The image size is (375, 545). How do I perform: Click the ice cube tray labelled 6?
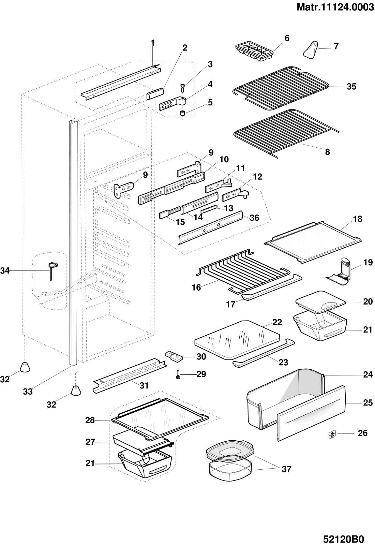click(254, 52)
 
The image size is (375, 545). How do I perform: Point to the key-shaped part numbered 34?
click(52, 269)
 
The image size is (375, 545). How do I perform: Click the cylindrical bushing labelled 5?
click(183, 113)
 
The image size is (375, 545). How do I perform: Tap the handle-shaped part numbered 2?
click(155, 93)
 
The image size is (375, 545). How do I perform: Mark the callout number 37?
click(286, 469)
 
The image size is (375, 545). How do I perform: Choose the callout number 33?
click(28, 392)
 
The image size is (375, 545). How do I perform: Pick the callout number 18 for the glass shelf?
click(358, 219)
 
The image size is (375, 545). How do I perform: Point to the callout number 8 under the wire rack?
click(327, 152)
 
